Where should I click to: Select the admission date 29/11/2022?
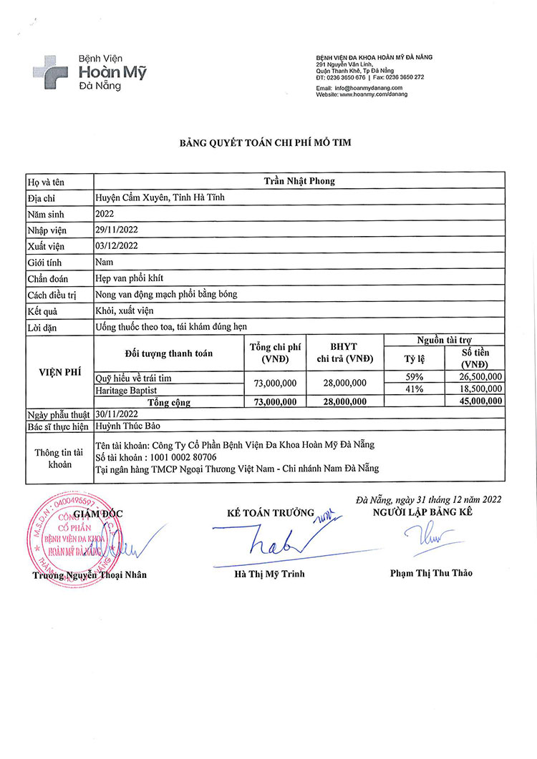(117, 230)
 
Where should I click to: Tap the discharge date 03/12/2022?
(117, 246)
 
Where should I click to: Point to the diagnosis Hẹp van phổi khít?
(132, 279)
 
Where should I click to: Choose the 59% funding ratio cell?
(415, 377)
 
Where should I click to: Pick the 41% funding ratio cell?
(415, 389)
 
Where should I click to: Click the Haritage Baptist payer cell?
(125, 390)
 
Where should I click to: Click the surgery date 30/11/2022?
(117, 414)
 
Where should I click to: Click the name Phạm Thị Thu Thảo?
(431, 573)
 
